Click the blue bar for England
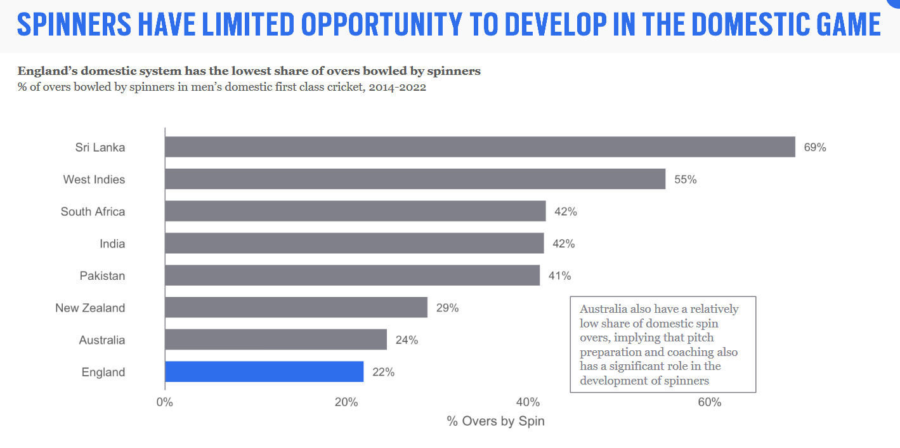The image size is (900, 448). [264, 372]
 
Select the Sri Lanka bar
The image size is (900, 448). [479, 147]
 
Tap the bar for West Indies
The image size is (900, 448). [415, 179]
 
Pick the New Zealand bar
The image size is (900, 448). [296, 308]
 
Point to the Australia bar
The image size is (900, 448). [276, 339]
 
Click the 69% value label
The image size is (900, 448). [815, 147]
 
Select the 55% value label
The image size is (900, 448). [685, 180]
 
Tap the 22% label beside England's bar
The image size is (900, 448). [383, 372]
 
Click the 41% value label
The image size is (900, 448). [559, 276]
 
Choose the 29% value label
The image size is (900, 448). [447, 308]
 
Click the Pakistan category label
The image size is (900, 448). [102, 276]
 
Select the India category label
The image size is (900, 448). [112, 244]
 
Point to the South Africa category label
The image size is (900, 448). [93, 211]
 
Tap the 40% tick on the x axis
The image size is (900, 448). [528, 402]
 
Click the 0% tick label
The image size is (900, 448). [165, 402]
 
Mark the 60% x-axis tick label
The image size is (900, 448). [709, 402]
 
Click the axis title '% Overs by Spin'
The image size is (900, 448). [495, 421]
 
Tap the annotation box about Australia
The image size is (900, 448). [663, 345]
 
